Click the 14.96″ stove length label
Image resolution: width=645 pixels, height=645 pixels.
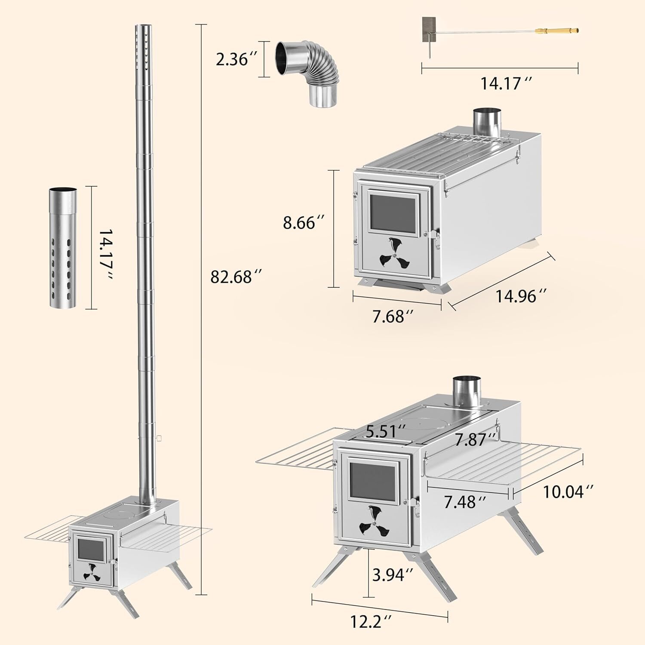[521, 296]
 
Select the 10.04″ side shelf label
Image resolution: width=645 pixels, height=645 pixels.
[569, 491]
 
